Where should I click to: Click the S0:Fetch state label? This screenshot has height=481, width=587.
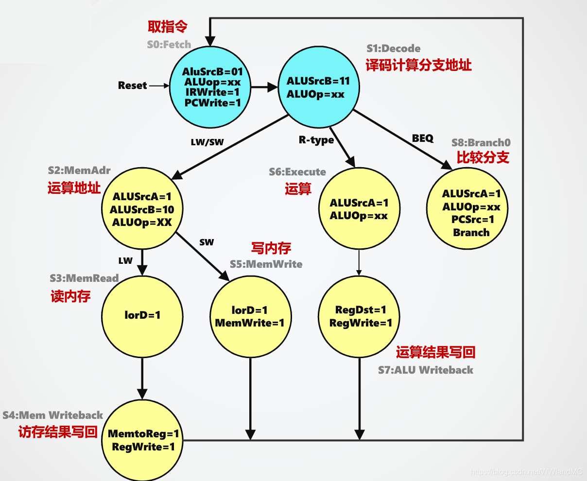click(169, 45)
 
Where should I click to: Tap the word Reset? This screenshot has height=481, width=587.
click(132, 86)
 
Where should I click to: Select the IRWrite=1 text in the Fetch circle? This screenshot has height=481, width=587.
click(212, 92)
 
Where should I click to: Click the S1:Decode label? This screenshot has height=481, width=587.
click(393, 49)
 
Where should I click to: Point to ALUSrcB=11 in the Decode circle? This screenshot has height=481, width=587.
click(318, 81)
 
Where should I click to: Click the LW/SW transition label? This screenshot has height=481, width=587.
click(207, 143)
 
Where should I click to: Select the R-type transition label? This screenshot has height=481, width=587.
click(316, 140)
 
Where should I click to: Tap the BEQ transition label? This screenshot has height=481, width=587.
click(422, 138)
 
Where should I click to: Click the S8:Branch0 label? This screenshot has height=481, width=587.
click(481, 143)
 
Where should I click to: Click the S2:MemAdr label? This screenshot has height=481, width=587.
click(79, 171)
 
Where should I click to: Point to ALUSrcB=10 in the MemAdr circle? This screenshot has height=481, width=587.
click(142, 210)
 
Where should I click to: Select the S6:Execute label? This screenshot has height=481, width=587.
click(297, 172)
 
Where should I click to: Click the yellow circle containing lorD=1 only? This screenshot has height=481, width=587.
click(142, 316)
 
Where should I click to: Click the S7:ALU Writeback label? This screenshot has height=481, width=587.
click(425, 370)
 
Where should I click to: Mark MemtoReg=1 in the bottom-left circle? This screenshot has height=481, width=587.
click(143, 434)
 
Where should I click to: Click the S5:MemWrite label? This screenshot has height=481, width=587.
click(266, 264)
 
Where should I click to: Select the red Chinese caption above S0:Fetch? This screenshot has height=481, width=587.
click(167, 27)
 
